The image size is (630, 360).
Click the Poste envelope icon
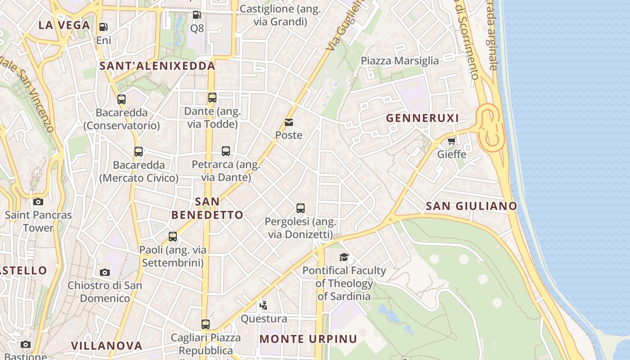pyautogui.click(x=289, y=122)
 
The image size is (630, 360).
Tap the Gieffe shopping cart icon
pyautogui.click(x=451, y=141)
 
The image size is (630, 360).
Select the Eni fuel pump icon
pyautogui.click(x=103, y=27)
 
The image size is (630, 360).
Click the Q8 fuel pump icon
pyautogui.click(x=197, y=15)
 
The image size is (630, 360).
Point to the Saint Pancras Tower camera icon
pyautogui.click(x=38, y=202)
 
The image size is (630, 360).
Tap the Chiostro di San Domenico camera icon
pyautogui.click(x=105, y=272)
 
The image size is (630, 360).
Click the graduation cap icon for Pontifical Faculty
pyautogui.click(x=344, y=257)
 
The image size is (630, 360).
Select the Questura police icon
pyautogui.click(x=264, y=306)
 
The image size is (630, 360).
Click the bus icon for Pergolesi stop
pyautogui.click(x=301, y=208)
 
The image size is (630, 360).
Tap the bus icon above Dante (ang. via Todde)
pyautogui.click(x=212, y=98)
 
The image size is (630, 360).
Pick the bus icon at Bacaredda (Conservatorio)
pyautogui.click(x=121, y=99)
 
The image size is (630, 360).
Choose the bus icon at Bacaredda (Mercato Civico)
pyautogui.click(x=139, y=152)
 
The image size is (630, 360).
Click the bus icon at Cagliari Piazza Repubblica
pyautogui.click(x=206, y=324)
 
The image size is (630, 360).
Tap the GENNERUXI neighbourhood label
pyautogui.click(x=423, y=118)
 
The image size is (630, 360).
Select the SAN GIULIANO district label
pyautogui.click(x=471, y=206)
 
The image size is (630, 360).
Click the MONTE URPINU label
pyautogui.click(x=308, y=339)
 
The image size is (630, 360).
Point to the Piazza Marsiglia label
pyautogui.click(x=400, y=61)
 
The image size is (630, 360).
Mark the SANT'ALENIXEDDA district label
pyautogui.click(x=157, y=66)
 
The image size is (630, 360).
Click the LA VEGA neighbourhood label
pyautogui.click(x=64, y=25)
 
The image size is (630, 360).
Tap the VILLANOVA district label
pyautogui.click(x=107, y=346)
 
